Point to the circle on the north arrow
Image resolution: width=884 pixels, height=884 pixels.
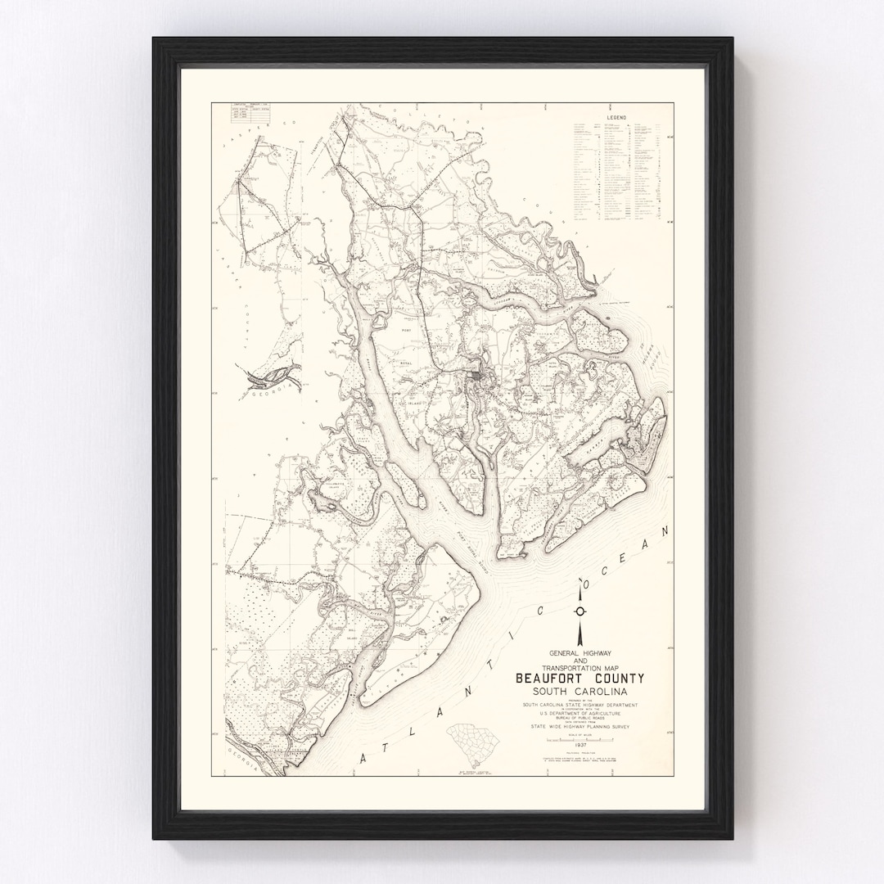[580, 611]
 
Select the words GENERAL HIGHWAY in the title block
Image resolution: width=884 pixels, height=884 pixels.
[580, 652]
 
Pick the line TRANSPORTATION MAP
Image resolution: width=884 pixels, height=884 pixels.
[580, 667]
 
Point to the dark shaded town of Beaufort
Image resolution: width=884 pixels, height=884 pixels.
[475, 379]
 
